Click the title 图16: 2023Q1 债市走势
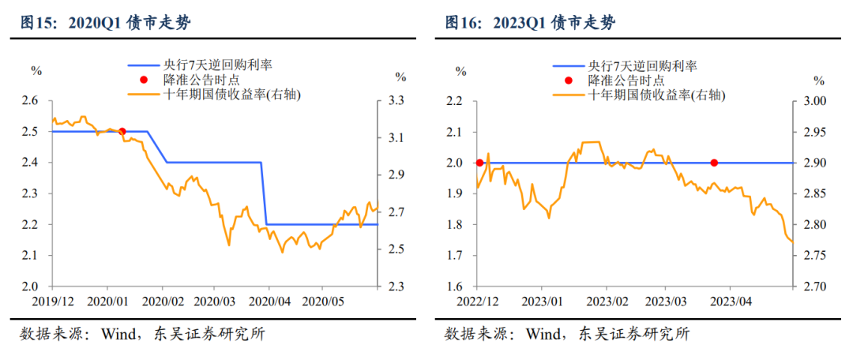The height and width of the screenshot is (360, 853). pyautogui.click(x=530, y=23)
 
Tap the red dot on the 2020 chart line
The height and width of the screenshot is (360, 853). pyautogui.click(x=122, y=131)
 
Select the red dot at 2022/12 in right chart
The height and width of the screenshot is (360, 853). pyautogui.click(x=479, y=163)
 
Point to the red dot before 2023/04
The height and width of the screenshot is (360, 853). pyautogui.click(x=714, y=163)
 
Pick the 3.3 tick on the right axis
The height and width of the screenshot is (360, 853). pyautogui.click(x=396, y=100)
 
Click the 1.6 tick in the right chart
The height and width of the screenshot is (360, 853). pyautogui.click(x=455, y=287)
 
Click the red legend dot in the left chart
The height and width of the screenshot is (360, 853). pyautogui.click(x=143, y=81)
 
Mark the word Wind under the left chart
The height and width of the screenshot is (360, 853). pyautogui.click(x=115, y=334)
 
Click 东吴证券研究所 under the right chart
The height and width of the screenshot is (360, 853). pyautogui.click(x=634, y=334)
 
